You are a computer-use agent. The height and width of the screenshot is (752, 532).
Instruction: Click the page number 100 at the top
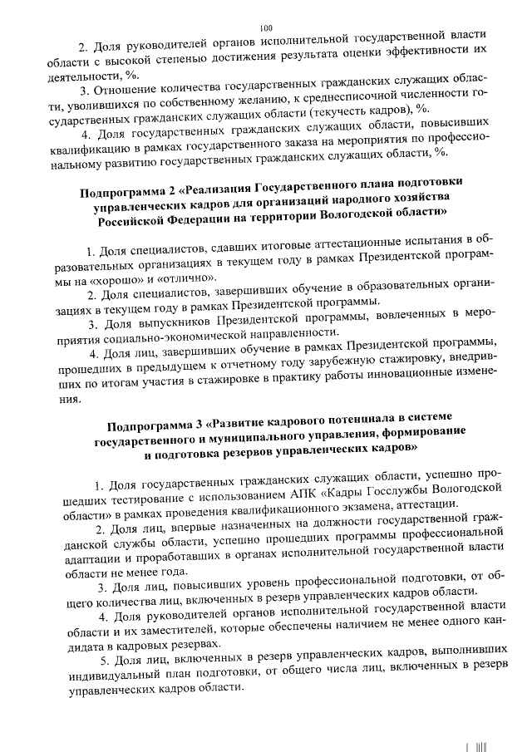[266, 28]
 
